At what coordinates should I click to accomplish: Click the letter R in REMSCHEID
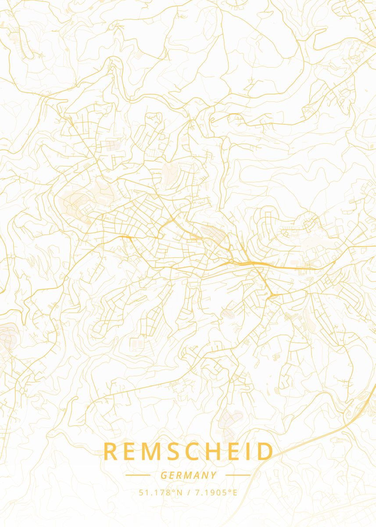click(x=111, y=451)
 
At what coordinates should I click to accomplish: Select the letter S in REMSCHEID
click(x=172, y=451)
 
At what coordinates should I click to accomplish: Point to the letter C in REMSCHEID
click(x=192, y=451)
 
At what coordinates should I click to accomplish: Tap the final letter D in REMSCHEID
click(x=265, y=451)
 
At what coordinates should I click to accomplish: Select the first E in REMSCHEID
click(x=131, y=451)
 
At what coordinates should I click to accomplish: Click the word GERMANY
click(x=188, y=475)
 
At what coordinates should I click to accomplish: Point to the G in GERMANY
click(x=163, y=475)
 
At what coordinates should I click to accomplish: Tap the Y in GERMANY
click(x=214, y=475)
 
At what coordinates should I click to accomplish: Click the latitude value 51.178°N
click(x=161, y=492)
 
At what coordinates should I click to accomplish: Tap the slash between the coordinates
click(x=189, y=492)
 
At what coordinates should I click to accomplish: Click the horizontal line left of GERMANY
click(x=138, y=475)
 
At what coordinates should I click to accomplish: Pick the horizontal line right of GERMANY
click(x=238, y=475)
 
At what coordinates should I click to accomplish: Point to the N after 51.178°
click(x=179, y=492)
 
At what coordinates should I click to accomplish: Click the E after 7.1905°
click(x=235, y=492)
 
